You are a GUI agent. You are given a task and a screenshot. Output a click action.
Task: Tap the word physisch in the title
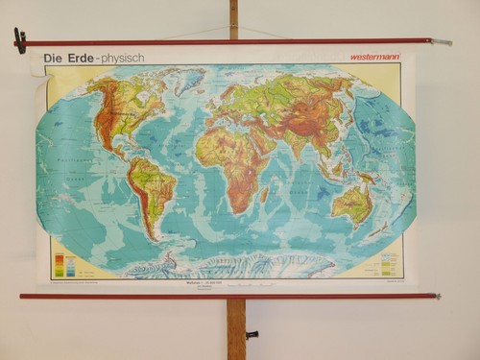(x=124, y=58)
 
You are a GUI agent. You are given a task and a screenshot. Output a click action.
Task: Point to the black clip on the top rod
(x=19, y=40)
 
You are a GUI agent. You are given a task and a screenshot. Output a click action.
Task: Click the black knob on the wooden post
(x=252, y=335)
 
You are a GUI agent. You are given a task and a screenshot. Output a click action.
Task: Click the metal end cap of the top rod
(x=442, y=42)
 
